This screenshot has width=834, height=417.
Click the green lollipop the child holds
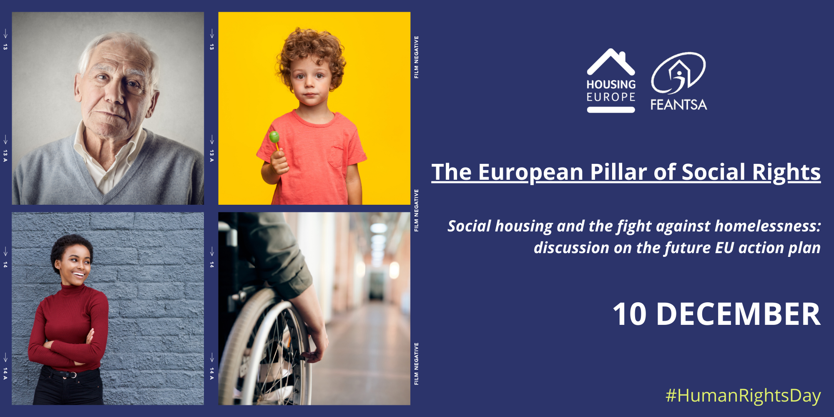click(x=274, y=137)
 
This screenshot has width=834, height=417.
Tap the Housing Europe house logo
click(x=611, y=63)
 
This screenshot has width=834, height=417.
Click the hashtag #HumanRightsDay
click(x=743, y=395)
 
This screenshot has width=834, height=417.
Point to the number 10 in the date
click(x=629, y=314)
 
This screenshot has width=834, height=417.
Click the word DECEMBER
click(x=738, y=314)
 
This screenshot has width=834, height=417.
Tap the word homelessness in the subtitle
click(x=767, y=226)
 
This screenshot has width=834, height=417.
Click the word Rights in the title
click(x=786, y=172)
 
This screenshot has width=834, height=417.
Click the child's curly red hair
click(x=311, y=46)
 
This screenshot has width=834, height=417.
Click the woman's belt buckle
click(x=73, y=375)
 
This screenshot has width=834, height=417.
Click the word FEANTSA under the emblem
click(x=678, y=105)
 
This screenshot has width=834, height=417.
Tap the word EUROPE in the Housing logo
click(x=611, y=97)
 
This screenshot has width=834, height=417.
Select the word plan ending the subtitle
click(x=804, y=248)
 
